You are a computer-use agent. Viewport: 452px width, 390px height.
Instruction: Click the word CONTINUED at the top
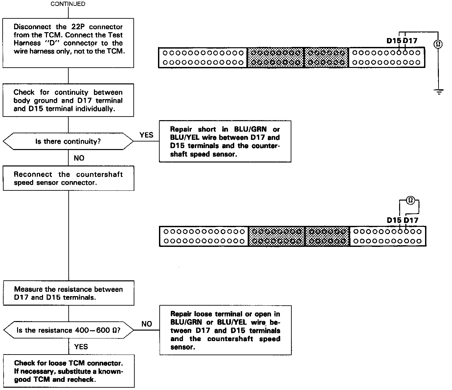click(x=68, y=4)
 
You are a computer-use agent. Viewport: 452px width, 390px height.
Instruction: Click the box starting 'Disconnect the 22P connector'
click(x=68, y=43)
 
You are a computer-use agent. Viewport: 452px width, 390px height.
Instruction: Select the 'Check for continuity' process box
click(x=68, y=100)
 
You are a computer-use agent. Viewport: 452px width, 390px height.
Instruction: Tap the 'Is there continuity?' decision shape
click(x=68, y=141)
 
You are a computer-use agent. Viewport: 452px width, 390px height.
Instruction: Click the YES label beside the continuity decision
click(x=146, y=135)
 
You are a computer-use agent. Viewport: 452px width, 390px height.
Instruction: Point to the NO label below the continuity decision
click(x=79, y=158)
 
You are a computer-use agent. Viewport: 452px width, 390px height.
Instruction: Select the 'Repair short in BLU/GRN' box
click(x=225, y=141)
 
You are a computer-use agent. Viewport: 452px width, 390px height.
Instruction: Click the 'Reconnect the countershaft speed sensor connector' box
click(x=68, y=178)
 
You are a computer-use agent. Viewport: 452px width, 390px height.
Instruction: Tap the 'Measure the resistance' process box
click(x=68, y=293)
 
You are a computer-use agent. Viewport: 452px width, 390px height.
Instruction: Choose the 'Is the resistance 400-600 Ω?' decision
click(x=68, y=330)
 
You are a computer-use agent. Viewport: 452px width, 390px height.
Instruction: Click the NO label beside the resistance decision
click(x=147, y=324)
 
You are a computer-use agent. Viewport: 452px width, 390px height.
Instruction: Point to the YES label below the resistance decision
click(x=81, y=347)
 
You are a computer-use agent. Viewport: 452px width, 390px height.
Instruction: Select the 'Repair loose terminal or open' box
click(x=225, y=330)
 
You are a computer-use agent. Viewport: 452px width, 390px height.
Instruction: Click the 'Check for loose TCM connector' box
click(x=69, y=371)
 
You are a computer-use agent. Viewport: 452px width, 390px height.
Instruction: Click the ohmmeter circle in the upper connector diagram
click(x=438, y=44)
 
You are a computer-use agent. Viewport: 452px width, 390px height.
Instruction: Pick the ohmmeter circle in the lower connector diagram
click(x=411, y=200)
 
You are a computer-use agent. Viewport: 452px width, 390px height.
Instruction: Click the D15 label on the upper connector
click(x=394, y=41)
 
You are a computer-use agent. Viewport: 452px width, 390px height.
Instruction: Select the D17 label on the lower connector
click(x=411, y=220)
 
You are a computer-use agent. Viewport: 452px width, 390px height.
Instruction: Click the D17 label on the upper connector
click(x=410, y=41)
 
